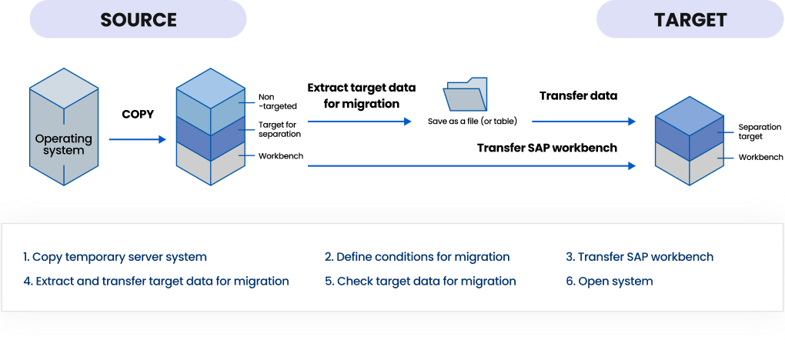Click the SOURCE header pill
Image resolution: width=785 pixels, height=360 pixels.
pyautogui.click(x=139, y=19)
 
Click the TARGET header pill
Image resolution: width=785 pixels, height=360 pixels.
pyautogui.click(x=690, y=19)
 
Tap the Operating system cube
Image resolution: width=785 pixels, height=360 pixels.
pyautogui.click(x=64, y=127)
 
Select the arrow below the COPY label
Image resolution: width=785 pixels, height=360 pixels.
pyautogui.click(x=137, y=139)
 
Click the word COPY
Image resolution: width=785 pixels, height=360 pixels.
pyautogui.click(x=138, y=114)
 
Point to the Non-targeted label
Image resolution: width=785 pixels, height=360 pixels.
pyautogui.click(x=274, y=101)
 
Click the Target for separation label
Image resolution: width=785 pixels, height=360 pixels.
pyautogui.click(x=279, y=129)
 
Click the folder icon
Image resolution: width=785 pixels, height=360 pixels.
pyautogui.click(x=465, y=94)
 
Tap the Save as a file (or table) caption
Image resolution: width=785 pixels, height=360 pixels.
pyautogui.click(x=472, y=122)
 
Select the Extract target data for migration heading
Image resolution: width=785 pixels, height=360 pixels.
pyautogui.click(x=362, y=95)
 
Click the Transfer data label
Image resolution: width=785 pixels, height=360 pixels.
pyautogui.click(x=578, y=95)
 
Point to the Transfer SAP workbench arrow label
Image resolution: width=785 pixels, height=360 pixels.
pyautogui.click(x=546, y=148)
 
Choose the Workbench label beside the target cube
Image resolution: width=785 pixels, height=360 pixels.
pyautogui.click(x=761, y=157)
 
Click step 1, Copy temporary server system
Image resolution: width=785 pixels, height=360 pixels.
pyautogui.click(x=115, y=257)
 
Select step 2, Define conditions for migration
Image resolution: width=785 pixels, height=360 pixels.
pyautogui.click(x=417, y=257)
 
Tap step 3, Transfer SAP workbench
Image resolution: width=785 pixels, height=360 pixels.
pyautogui.click(x=640, y=257)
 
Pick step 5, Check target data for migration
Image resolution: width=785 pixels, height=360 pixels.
pyautogui.click(x=420, y=282)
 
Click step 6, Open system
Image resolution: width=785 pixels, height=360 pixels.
pyautogui.click(x=610, y=282)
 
